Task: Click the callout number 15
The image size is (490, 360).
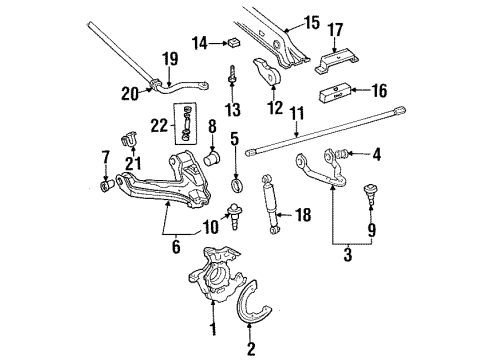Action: pyautogui.click(x=311, y=20)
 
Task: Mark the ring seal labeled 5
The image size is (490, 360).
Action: pyautogui.click(x=235, y=185)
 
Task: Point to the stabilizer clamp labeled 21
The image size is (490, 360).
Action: pyautogui.click(x=129, y=137)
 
